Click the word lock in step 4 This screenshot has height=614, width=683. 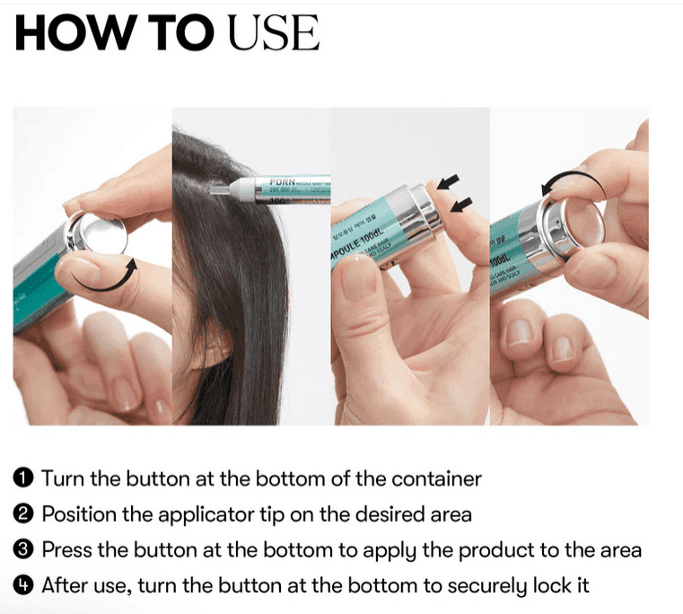coord(554,586)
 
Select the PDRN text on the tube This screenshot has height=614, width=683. coord(285,181)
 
